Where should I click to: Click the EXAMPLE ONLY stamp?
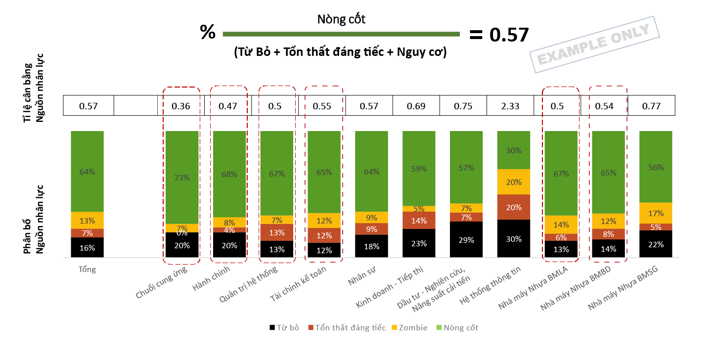pyautogui.click(x=595, y=45)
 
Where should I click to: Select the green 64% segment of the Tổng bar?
pyautogui.click(x=87, y=171)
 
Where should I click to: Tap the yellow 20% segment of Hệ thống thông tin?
pyautogui.click(x=514, y=182)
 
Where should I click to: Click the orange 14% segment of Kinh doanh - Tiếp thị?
pyautogui.click(x=419, y=221)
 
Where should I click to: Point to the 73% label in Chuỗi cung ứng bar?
pyautogui.click(x=182, y=178)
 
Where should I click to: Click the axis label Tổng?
pyautogui.click(x=87, y=270)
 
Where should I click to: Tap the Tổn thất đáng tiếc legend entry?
pyautogui.click(x=346, y=327)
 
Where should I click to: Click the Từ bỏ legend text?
pyautogui.click(x=288, y=327)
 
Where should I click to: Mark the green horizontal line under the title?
pyautogui.click(x=341, y=34)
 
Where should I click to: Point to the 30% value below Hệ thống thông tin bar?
pyautogui.click(x=514, y=239)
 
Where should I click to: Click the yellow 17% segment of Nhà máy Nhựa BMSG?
pyautogui.click(x=656, y=213)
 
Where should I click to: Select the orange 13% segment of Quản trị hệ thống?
pyautogui.click(x=277, y=232)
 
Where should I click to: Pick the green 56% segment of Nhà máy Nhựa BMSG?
pyautogui.click(x=656, y=167)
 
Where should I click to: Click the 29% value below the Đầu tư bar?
pyautogui.click(x=466, y=240)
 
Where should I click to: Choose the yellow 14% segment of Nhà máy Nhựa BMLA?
pyautogui.click(x=561, y=225)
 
